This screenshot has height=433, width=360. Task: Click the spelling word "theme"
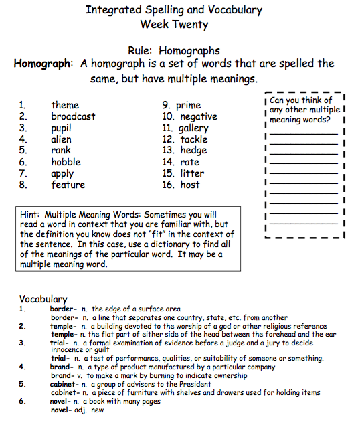coord(65,105)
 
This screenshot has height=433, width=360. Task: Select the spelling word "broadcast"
coord(73,116)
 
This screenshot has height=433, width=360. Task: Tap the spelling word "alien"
coord(61,139)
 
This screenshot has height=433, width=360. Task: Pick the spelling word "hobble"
coord(66,162)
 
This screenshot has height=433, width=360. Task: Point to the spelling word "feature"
coord(68,185)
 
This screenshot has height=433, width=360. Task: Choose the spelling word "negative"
coord(199,116)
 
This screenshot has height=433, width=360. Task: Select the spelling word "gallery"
coord(194,128)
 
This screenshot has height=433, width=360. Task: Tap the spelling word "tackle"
coord(194,139)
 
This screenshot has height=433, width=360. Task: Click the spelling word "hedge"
coord(193,151)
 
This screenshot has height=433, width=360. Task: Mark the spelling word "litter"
coord(192,173)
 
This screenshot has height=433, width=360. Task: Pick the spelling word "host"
coord(190,185)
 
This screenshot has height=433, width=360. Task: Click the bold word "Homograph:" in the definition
coord(43,64)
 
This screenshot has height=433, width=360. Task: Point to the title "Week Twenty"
coord(174,25)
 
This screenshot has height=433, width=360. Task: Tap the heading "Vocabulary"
coord(43,299)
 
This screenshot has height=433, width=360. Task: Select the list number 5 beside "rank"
coord(22,151)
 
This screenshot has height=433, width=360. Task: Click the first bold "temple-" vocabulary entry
coord(65,326)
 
